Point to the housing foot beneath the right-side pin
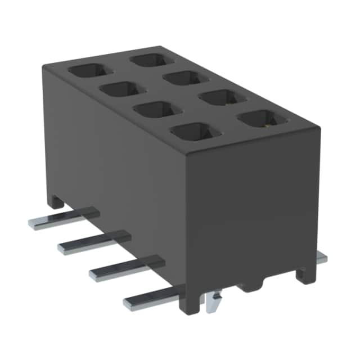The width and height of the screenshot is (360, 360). (304, 272)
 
